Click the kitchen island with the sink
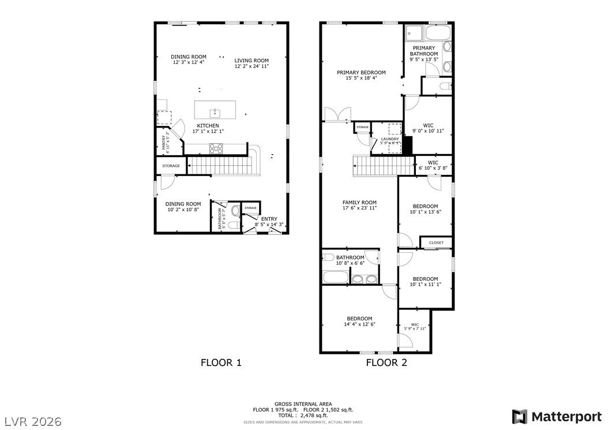[215, 109]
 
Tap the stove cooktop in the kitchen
[216, 148]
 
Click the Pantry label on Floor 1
[166, 142]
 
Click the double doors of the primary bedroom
[333, 115]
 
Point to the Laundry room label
[389, 139]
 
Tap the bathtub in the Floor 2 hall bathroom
[335, 277]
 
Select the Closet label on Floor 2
[436, 242]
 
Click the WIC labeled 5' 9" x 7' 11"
[415, 327]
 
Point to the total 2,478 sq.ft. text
[303, 415]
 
